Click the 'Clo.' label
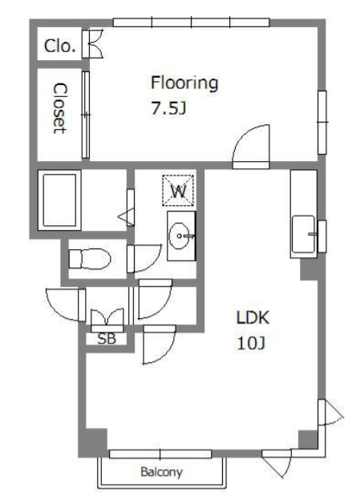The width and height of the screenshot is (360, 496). coord(60,46)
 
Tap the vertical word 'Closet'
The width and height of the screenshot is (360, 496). coord(60,108)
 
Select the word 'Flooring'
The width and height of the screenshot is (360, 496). coord(184,83)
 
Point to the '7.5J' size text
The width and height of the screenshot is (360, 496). coord(168,109)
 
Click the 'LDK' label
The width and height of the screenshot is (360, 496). coord(253,317)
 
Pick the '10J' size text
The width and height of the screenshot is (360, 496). coord(251,343)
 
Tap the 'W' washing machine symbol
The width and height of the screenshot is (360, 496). coord(178,191)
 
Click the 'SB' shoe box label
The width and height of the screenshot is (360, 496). coord(107,339)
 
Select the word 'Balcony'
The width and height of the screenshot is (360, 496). coord(161,472)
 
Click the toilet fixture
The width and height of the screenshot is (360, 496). coord(90,259)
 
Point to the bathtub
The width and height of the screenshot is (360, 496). coord(59,200)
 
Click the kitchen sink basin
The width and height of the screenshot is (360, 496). coord(303,234)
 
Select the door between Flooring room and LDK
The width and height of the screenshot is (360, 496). coord(251,147)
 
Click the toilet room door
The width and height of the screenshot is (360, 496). coord(144,259)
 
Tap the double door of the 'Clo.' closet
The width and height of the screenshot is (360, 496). coord(93,43)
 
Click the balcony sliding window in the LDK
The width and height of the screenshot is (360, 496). coord(160,454)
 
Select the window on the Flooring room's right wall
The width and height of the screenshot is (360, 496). coord(322,123)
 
